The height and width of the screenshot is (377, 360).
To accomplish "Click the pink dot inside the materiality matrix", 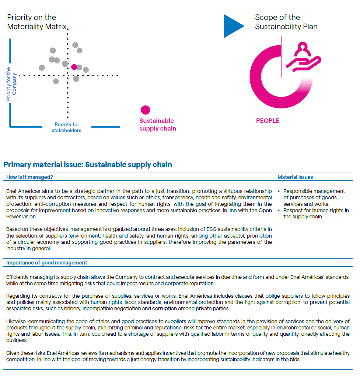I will coord(74,67).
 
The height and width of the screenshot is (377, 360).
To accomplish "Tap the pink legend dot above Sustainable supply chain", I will coord(146,110).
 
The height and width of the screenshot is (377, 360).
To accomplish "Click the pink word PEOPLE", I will coord(268,121).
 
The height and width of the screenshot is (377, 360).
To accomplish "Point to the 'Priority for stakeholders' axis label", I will coord(67,127).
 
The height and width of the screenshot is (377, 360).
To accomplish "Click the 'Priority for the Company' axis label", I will coord(11,84).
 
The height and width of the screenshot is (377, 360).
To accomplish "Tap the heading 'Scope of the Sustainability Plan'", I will coord(286,22).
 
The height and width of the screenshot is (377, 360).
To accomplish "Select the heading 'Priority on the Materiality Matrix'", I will coord(37,22).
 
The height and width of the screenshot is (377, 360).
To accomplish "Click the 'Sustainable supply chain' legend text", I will coord(157,125).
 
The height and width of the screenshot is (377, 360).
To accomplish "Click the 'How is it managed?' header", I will coord(30,177).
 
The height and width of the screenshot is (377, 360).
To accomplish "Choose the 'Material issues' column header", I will coord(295,177).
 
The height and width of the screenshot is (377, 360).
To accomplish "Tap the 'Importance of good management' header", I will coord(47,263).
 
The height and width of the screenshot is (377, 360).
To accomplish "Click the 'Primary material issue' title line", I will coord(88,165).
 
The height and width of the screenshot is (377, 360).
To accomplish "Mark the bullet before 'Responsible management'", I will coord(279,191).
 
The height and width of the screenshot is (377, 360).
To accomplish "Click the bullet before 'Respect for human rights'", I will coord(279,211).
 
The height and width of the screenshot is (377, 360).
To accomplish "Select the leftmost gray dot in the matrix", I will coord(42,68).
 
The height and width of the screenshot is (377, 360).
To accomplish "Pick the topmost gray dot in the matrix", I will coord(75,45).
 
